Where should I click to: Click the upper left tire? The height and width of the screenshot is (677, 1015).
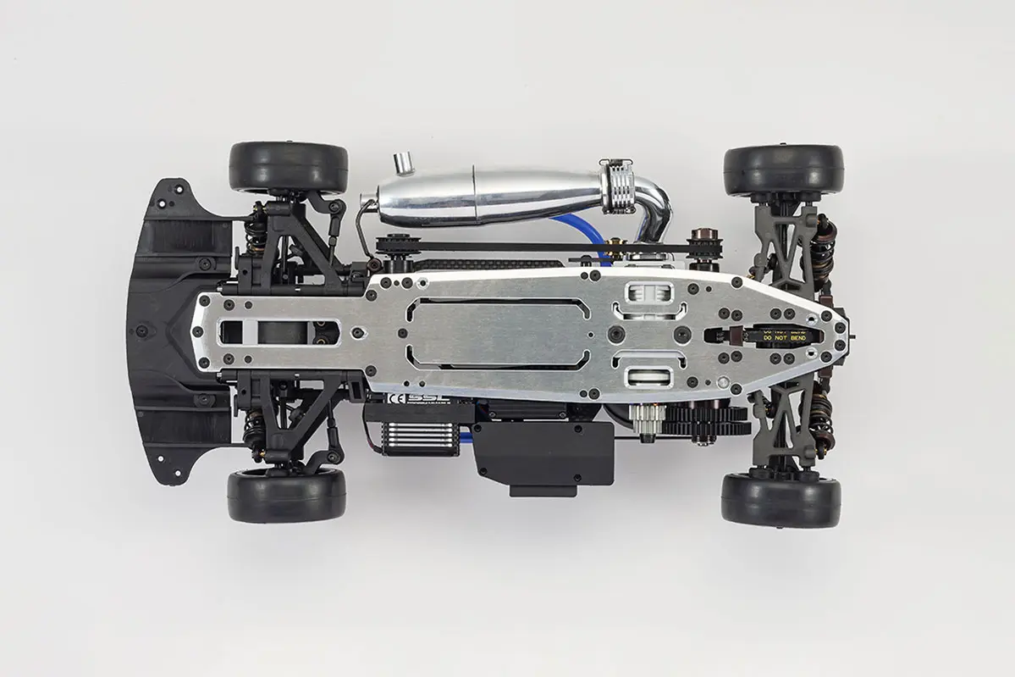click(288, 166)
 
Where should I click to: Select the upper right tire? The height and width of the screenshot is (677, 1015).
click(783, 170)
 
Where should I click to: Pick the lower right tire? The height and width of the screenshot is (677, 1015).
click(781, 499)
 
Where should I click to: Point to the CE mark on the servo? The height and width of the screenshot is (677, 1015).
click(394, 397)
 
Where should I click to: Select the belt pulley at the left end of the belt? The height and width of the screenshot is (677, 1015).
click(391, 247)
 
